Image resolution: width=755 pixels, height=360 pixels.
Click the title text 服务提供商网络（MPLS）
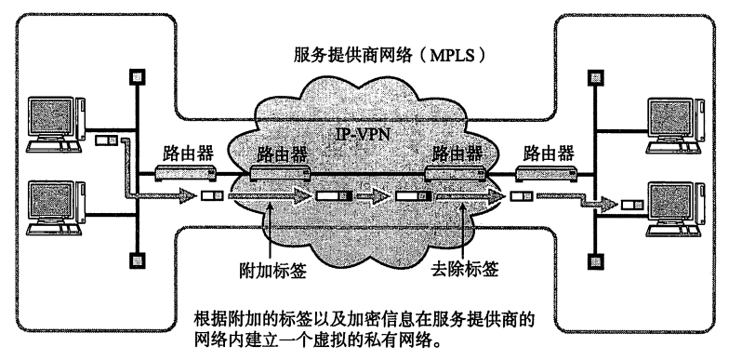click(391, 55)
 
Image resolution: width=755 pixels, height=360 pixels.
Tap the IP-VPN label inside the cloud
click(362, 134)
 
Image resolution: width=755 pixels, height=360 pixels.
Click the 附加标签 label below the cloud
click(272, 271)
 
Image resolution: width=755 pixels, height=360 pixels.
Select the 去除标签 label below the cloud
click(465, 269)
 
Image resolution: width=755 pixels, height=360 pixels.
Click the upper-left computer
click(56, 125)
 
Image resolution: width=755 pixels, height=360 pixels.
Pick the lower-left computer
click(56, 207)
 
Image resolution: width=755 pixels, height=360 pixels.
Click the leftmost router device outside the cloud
click(186, 172)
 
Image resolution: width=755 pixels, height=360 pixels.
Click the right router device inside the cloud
click(455, 172)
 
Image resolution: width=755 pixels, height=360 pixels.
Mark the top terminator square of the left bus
click(138, 76)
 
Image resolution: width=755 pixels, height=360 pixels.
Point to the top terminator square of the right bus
click(596, 77)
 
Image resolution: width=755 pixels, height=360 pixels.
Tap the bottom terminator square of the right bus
click(596, 261)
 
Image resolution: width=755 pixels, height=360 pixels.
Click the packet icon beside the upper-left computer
click(106, 140)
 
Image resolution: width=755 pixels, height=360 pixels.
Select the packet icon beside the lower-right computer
click(631, 205)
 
